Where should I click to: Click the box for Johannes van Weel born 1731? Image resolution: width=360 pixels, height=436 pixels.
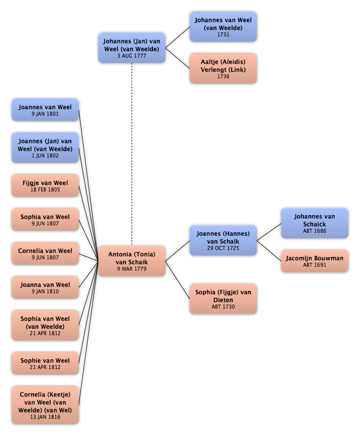(223, 27)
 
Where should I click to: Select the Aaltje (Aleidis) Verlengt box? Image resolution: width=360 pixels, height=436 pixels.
(223, 68)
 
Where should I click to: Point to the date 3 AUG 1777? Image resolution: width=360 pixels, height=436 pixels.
(132, 56)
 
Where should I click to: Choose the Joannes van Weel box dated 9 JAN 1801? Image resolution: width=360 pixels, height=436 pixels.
(45, 110)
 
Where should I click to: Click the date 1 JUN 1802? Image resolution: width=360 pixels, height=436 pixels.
(45, 156)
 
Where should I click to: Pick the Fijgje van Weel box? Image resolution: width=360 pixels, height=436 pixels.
(45, 186)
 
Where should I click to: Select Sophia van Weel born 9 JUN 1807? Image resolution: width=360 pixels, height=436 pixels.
(45, 219)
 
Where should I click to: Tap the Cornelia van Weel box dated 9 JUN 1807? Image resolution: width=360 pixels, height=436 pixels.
(45, 253)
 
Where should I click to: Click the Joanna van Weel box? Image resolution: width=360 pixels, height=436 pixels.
(45, 287)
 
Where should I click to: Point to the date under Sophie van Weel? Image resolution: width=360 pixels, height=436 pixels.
(45, 367)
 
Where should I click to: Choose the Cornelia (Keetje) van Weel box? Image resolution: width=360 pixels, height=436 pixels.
(45, 405)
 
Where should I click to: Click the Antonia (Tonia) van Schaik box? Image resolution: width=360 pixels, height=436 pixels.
(132, 261)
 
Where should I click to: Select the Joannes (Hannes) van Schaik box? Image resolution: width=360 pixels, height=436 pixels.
(223, 240)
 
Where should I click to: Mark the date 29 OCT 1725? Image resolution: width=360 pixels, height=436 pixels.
(223, 249)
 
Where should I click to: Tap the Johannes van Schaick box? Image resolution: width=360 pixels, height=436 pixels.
(314, 223)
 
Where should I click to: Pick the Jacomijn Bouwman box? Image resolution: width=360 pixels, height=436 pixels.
(314, 261)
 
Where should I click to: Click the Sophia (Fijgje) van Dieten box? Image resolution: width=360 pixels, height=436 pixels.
(223, 299)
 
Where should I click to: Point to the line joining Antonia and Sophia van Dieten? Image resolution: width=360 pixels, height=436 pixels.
(178, 280)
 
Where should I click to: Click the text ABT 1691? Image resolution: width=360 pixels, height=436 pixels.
(314, 265)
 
